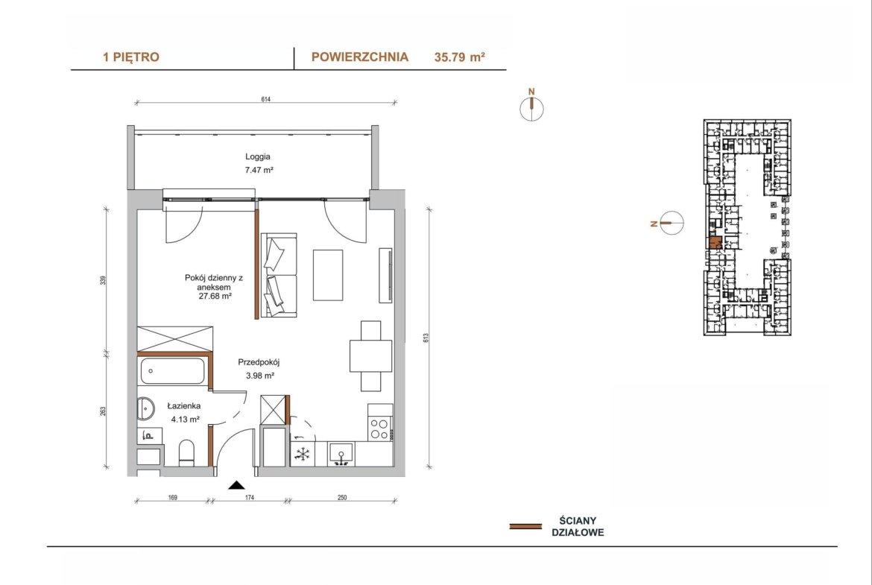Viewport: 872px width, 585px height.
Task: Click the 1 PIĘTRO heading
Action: pyautogui.click(x=130, y=57)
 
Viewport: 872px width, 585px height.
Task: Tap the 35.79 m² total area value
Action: pyautogui.click(x=459, y=57)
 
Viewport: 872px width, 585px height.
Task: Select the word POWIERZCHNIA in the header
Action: pyautogui.click(x=360, y=57)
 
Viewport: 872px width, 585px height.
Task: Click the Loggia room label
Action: pyautogui.click(x=258, y=156)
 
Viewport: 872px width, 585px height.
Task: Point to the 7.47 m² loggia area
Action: pyautogui.click(x=259, y=170)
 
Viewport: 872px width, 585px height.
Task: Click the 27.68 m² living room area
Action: pyautogui.click(x=215, y=297)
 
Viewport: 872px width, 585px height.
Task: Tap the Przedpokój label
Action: pyautogui.click(x=259, y=362)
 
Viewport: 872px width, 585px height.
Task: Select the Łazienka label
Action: pyautogui.click(x=184, y=406)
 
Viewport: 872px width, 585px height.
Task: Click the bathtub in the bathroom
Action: pyautogui.click(x=172, y=371)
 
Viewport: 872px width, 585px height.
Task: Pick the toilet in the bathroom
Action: pyautogui.click(x=187, y=452)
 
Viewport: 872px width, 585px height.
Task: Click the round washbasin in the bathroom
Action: pyautogui.click(x=145, y=408)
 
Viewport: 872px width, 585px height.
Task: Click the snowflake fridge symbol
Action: pyautogui.click(x=302, y=455)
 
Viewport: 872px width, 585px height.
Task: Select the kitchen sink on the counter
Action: pyautogui.click(x=341, y=453)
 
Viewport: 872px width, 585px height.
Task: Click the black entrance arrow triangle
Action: pyautogui.click(x=237, y=485)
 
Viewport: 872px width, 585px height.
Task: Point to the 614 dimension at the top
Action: pyautogui.click(x=266, y=100)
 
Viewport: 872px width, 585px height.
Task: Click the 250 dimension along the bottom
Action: pyautogui.click(x=342, y=498)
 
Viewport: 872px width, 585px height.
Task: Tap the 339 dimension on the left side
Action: pyautogui.click(x=103, y=280)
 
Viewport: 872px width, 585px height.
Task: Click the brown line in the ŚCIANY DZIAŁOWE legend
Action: pyautogui.click(x=525, y=526)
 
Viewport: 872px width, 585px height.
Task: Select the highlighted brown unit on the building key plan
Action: pyautogui.click(x=715, y=243)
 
